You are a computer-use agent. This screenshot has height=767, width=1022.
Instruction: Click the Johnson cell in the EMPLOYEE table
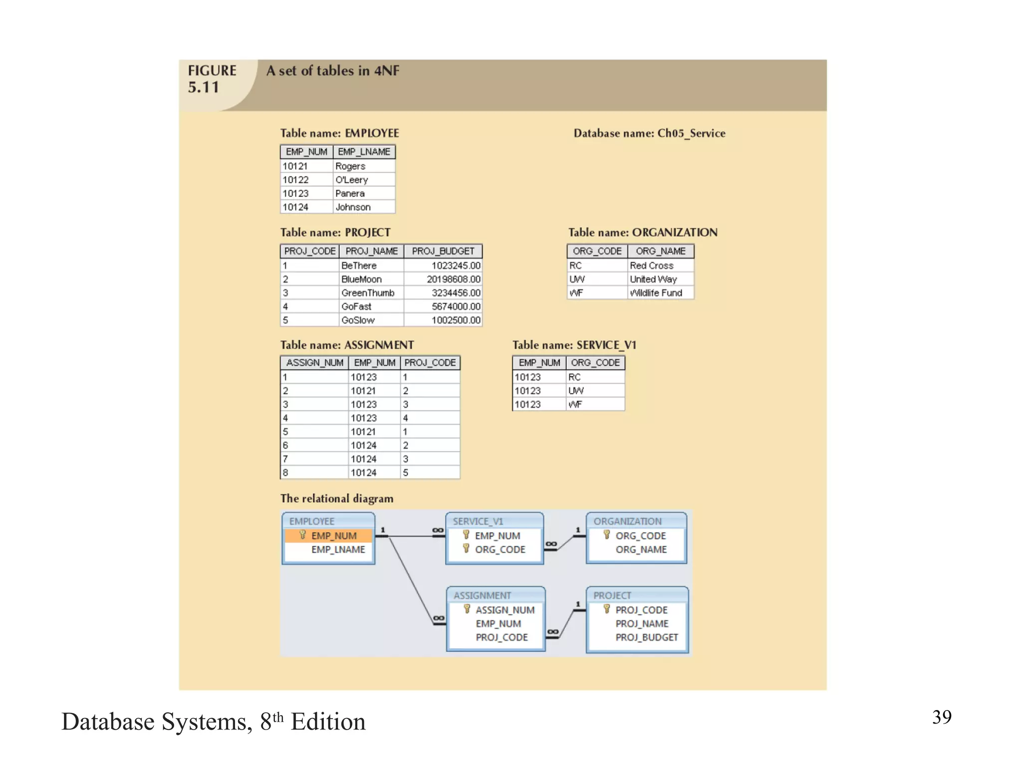(x=353, y=207)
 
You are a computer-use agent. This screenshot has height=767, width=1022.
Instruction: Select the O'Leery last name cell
(x=351, y=180)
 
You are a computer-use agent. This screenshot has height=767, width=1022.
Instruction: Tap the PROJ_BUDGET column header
(x=443, y=251)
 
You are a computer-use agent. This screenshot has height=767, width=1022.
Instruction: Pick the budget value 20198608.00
(x=453, y=279)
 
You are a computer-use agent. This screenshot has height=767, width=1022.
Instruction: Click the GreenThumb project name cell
(x=368, y=293)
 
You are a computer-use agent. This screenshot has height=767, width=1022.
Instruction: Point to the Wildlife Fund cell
(x=656, y=293)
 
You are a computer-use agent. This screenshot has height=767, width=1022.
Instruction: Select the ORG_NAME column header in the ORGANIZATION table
(x=660, y=251)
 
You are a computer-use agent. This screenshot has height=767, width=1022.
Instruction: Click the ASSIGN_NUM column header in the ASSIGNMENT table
(x=314, y=363)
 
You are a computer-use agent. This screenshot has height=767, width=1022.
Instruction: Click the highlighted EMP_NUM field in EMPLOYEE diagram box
(x=333, y=536)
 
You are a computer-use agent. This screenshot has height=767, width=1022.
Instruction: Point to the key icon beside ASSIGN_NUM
(x=467, y=609)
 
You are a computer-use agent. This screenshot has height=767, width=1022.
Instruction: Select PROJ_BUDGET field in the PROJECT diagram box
(x=646, y=638)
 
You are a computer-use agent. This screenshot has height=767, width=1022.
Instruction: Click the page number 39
(x=942, y=717)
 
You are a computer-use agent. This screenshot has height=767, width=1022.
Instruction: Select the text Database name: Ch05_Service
(x=649, y=133)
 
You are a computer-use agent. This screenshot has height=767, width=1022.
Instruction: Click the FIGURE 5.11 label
(x=212, y=79)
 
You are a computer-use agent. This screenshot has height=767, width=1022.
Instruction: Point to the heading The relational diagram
(x=337, y=499)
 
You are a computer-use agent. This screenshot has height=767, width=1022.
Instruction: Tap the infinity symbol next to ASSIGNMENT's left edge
(x=438, y=618)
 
